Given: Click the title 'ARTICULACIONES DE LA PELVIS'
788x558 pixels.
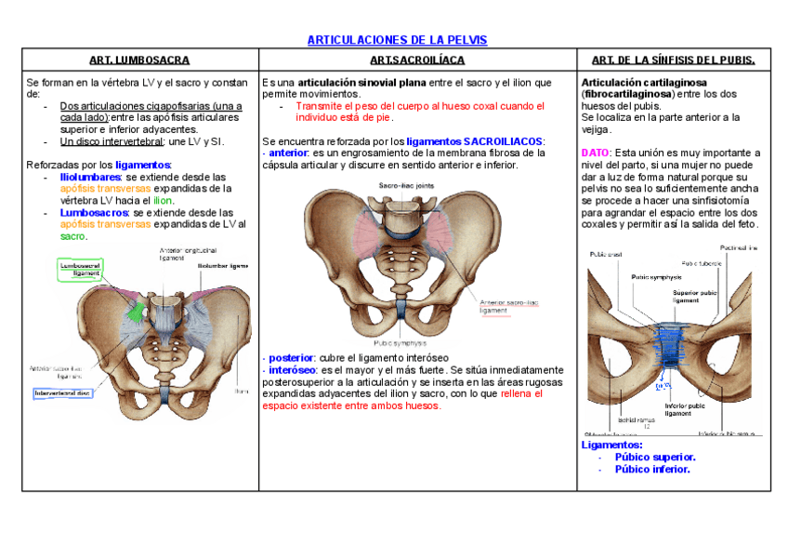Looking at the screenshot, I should pyautogui.click(x=397, y=40).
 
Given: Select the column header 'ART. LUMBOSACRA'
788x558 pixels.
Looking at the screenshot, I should pyautogui.click(x=140, y=60).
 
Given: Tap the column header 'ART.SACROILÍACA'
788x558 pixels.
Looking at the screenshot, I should pyautogui.click(x=417, y=60).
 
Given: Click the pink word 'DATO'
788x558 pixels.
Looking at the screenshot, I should pyautogui.click(x=595, y=153).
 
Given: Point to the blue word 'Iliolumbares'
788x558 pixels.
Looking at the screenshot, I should pyautogui.click(x=90, y=177).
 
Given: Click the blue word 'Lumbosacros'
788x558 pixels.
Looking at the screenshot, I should pyautogui.click(x=89, y=212).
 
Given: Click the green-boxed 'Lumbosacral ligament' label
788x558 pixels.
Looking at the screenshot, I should pyautogui.click(x=80, y=269).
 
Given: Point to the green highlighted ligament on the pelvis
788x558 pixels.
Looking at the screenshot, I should pyautogui.click(x=134, y=312).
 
